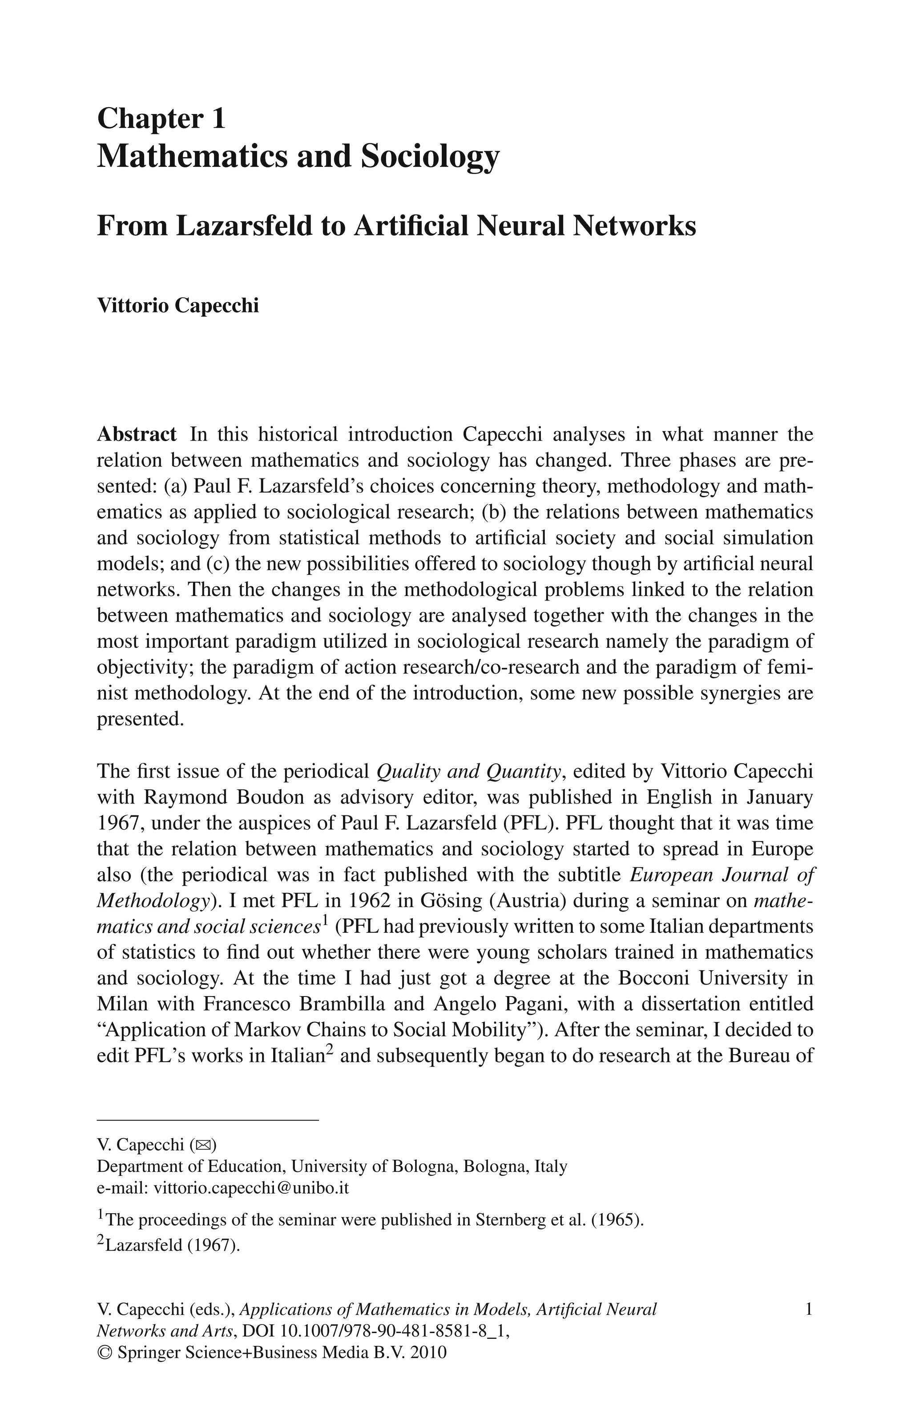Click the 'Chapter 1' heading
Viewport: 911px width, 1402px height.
click(x=161, y=118)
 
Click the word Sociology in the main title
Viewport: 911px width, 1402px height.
click(x=430, y=157)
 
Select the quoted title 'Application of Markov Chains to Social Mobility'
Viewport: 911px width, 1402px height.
click(x=322, y=1030)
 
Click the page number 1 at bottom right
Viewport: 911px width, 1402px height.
click(x=809, y=1309)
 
